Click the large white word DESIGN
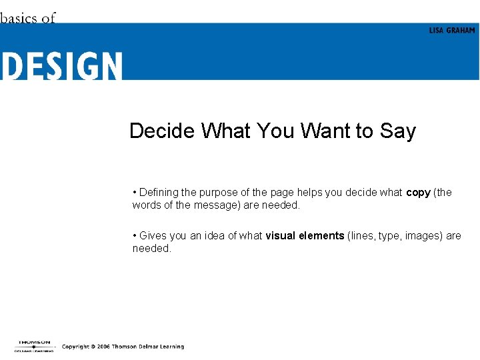pos(61,66)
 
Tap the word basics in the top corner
pos(19,18)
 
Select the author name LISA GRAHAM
pos(452,31)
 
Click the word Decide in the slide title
pos(163,131)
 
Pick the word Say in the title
pos(398,131)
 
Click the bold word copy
pos(418,193)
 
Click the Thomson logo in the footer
pos(33,345)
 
